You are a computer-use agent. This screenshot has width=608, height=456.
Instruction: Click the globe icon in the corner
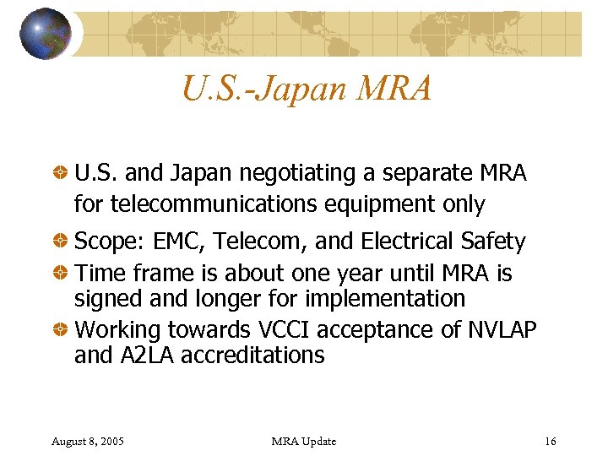(45, 34)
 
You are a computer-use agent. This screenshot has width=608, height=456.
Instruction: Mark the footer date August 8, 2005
(88, 442)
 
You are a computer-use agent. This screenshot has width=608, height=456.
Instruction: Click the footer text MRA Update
(304, 442)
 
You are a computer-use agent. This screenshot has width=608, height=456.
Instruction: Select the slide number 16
(551, 442)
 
